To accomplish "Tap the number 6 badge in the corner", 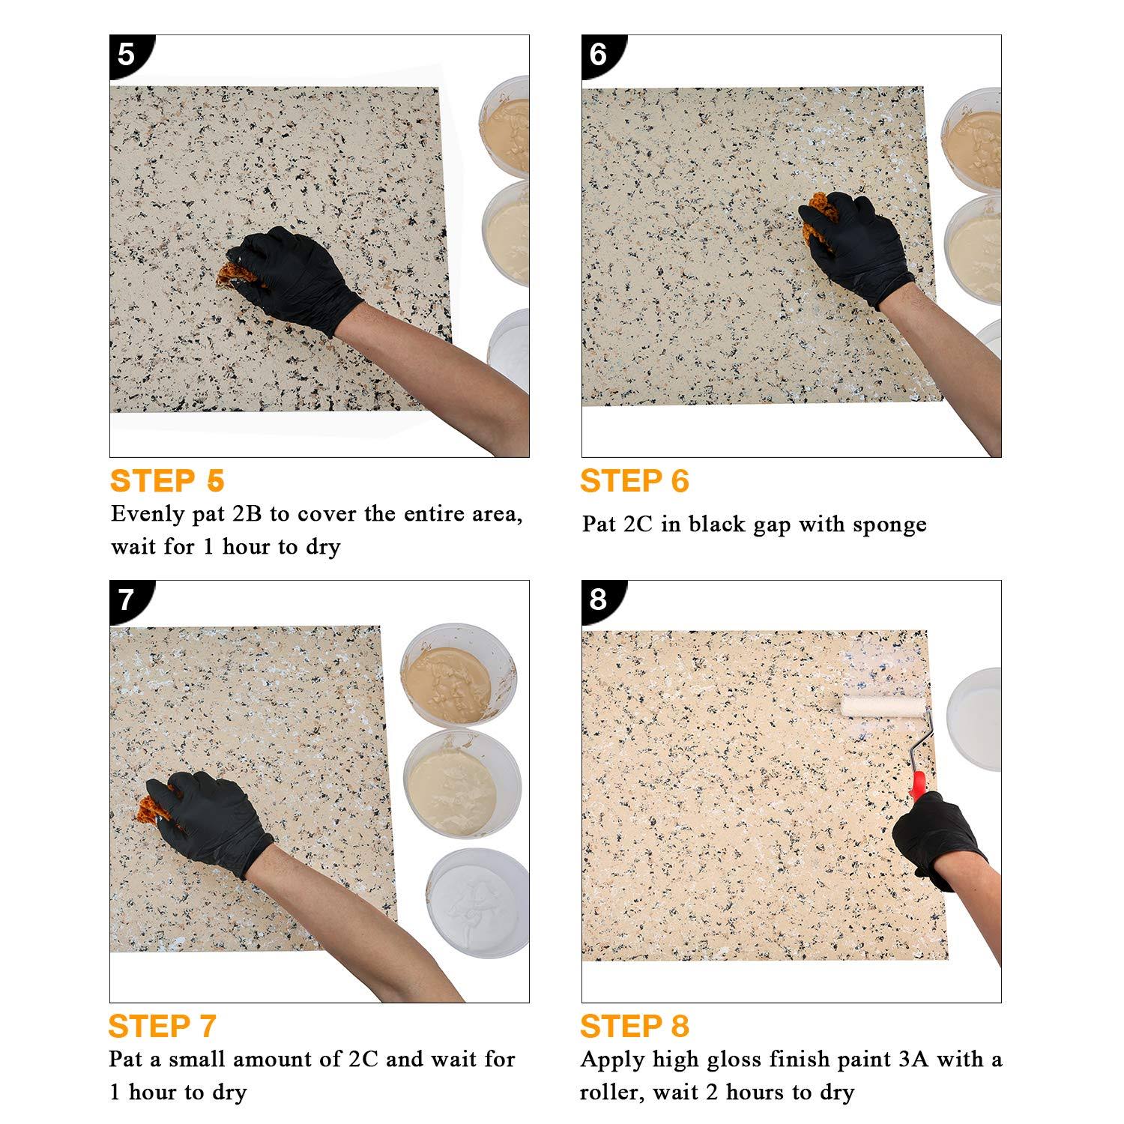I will (x=599, y=54).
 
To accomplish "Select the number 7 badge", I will (x=127, y=599).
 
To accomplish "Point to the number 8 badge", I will (x=599, y=599).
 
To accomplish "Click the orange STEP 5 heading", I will (x=167, y=481).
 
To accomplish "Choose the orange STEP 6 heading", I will (x=634, y=481).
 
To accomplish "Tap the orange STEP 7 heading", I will (x=162, y=1026).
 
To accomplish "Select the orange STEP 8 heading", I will (x=634, y=1026).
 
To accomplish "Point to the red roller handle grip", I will (x=917, y=785).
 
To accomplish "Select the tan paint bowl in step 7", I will (x=447, y=677).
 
